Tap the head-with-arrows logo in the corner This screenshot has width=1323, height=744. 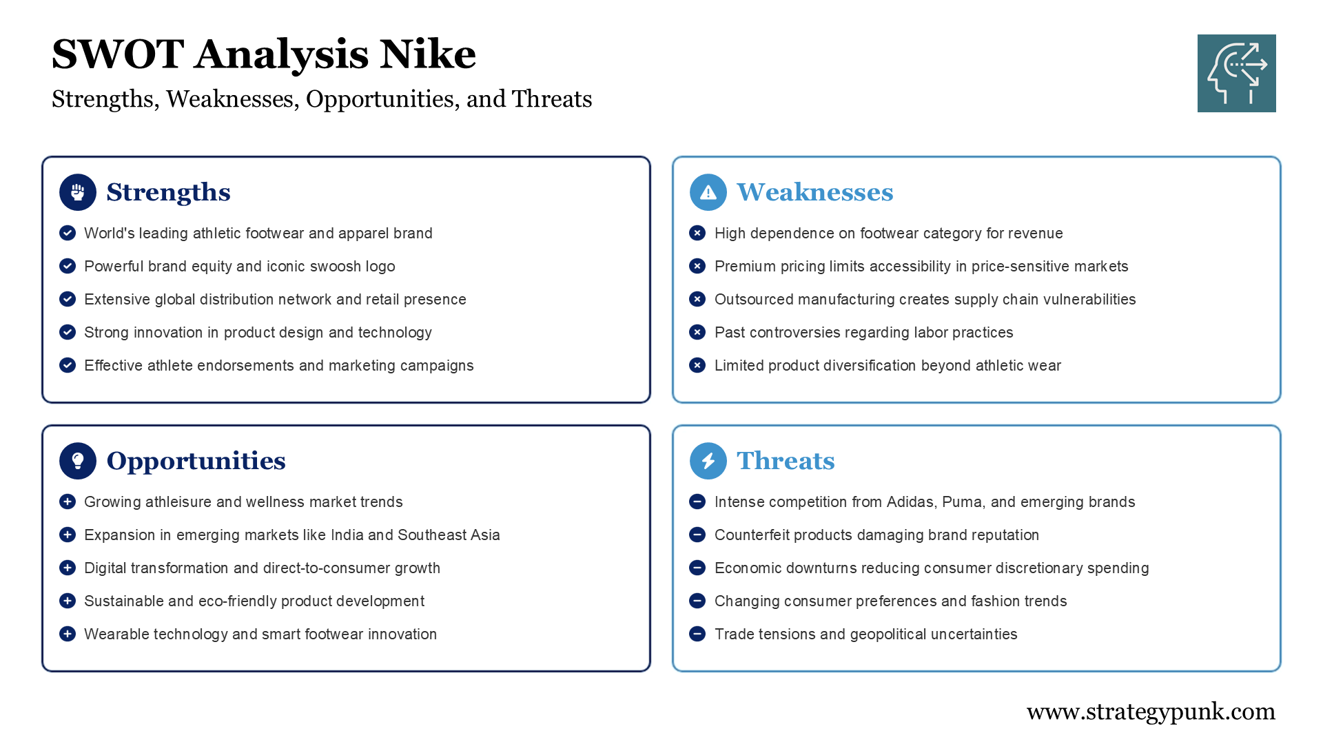point(1236,73)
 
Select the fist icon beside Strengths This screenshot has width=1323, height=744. point(78,192)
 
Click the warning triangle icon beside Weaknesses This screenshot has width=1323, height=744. point(708,192)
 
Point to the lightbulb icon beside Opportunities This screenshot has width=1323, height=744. point(78,461)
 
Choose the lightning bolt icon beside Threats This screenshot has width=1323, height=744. point(708,461)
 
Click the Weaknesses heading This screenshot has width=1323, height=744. point(814,192)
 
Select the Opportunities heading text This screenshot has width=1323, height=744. point(196,461)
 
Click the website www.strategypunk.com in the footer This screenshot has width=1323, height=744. point(1150,711)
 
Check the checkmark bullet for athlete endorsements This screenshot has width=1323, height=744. point(68,365)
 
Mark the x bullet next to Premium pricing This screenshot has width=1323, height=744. point(697,266)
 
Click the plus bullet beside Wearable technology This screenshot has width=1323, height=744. point(68,634)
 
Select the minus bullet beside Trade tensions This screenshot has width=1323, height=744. point(697,634)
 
